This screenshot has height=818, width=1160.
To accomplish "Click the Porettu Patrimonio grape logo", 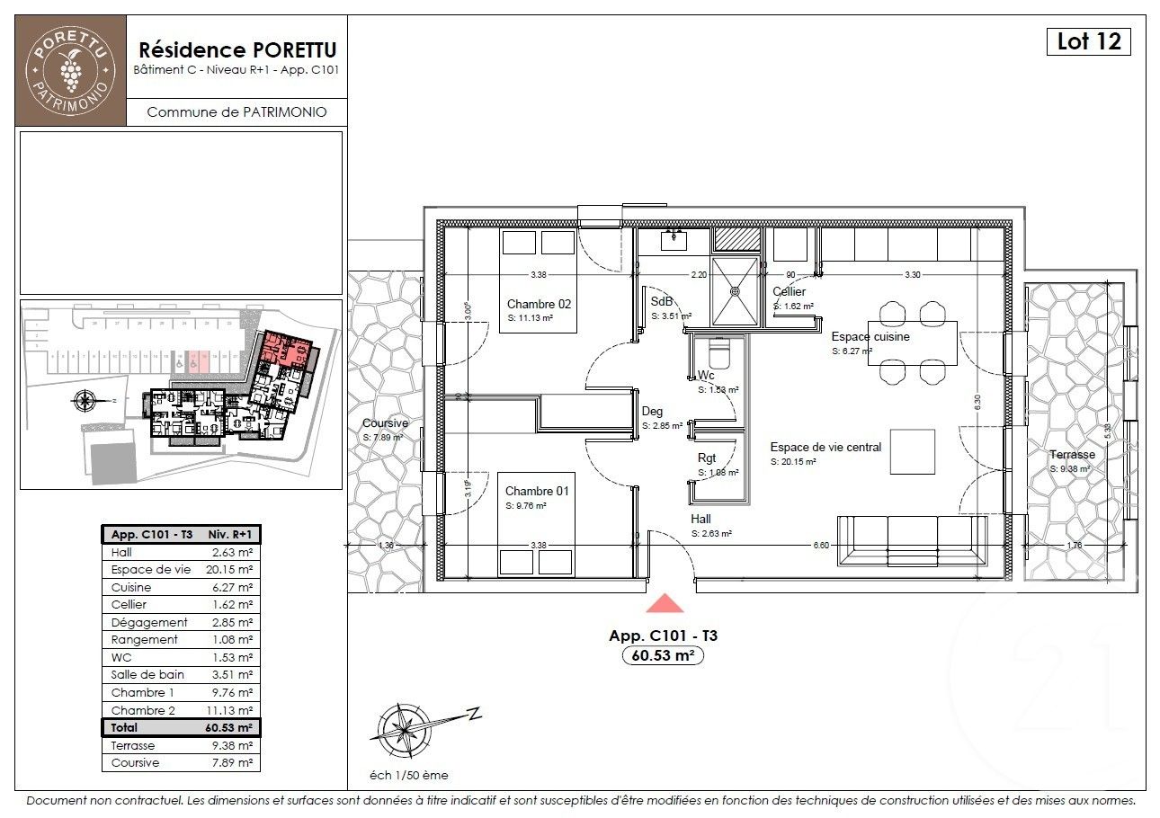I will [x=71, y=69].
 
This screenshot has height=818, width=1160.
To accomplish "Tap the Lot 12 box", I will [x=1088, y=41].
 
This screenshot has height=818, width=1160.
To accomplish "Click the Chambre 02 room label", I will [x=539, y=304].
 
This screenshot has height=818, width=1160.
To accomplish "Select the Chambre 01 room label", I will [x=537, y=491].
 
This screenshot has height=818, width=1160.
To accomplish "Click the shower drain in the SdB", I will [x=735, y=290].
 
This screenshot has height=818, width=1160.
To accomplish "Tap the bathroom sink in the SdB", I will [x=674, y=239].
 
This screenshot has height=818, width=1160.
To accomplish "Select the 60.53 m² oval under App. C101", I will [x=663, y=656].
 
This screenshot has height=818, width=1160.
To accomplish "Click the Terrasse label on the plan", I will [x=1072, y=454].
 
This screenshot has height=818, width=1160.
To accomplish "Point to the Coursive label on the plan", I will [x=385, y=423].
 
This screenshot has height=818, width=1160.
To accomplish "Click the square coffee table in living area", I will [x=912, y=451].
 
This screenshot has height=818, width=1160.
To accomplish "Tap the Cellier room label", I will [x=789, y=291].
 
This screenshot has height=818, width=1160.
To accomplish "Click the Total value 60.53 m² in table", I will [x=232, y=727].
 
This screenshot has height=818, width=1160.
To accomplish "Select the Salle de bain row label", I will [x=147, y=675].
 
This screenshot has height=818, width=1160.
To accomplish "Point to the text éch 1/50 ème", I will [x=408, y=775].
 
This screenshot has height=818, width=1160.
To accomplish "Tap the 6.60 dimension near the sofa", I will [x=820, y=545].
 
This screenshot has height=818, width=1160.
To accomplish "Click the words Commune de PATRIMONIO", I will [x=236, y=112].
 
